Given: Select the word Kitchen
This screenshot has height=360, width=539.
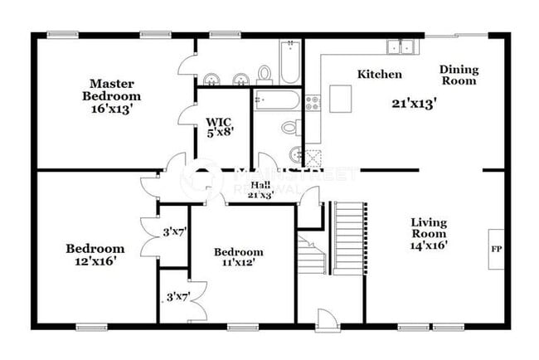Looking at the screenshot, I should [380, 75].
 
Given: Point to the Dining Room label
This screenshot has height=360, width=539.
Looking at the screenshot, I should [458, 75].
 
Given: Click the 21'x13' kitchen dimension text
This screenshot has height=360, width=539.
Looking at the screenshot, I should [414, 104].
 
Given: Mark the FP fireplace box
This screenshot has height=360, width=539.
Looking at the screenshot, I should [496, 249].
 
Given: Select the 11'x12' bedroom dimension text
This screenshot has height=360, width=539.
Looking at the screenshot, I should [239, 263].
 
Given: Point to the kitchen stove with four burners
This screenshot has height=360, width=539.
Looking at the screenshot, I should [313, 104].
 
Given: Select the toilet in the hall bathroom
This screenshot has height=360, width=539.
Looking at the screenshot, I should [290, 128].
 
